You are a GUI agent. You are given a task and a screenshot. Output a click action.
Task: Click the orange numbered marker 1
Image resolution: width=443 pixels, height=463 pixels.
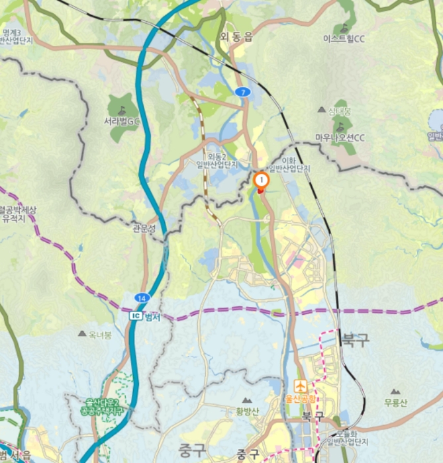coord(262,179)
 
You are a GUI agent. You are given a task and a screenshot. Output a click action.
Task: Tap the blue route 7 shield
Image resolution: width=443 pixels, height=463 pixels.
coord(243,92)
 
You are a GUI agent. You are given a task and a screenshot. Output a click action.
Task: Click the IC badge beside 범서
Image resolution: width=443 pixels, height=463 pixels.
coord(136,316)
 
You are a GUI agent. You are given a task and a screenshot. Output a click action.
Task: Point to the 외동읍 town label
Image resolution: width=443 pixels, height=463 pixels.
coord(236,38)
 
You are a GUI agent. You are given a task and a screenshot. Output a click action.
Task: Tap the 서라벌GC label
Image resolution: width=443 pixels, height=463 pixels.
coord(122,122)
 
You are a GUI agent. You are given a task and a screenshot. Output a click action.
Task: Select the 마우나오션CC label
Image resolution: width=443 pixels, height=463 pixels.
coord(340,138)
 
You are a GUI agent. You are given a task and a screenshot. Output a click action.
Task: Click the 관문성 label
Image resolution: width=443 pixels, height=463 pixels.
coord(144,229)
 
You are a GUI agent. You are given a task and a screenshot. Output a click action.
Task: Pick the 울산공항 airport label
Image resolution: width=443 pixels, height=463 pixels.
coord(301,399)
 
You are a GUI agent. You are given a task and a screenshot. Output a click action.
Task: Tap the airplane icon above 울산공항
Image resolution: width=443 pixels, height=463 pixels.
coord(301,386)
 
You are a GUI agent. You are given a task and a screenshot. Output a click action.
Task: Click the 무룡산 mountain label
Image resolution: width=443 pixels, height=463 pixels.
coord(395,403)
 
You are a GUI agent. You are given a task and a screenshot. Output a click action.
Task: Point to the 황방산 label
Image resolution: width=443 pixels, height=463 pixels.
coord(247,411)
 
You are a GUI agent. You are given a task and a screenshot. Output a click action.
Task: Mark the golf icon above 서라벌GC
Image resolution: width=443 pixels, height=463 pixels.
coord(122,110)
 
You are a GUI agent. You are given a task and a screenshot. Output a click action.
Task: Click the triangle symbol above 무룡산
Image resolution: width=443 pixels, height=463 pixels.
coord(395,392)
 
